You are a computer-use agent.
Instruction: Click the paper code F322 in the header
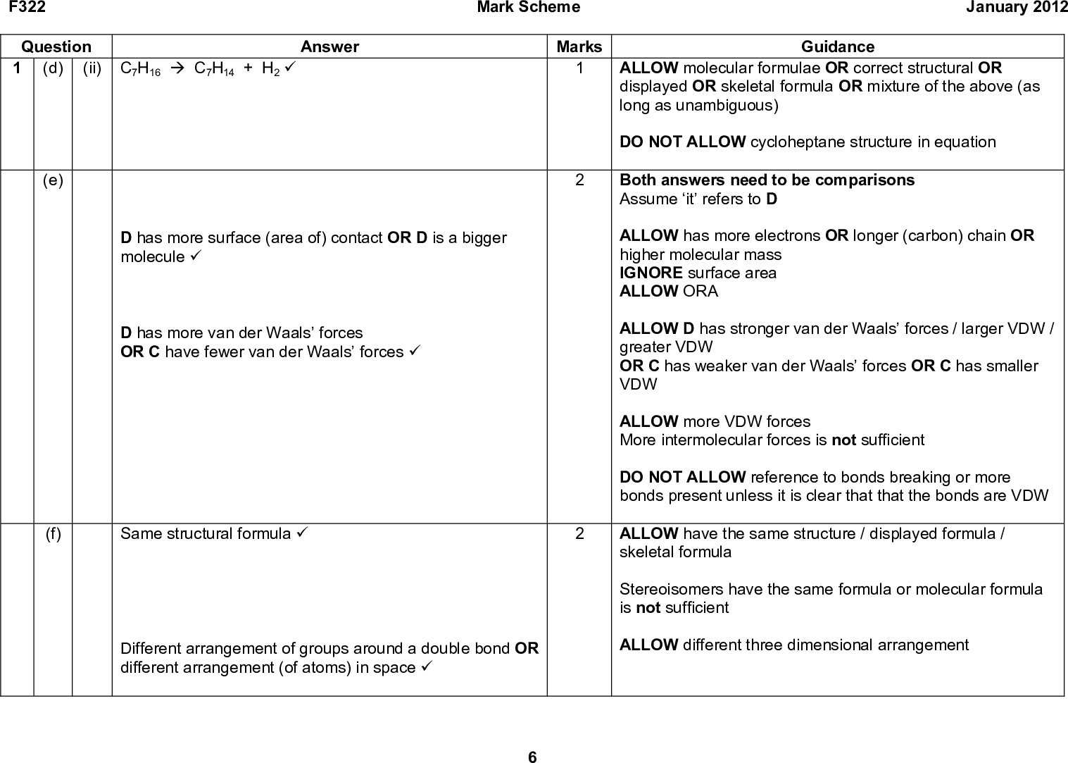(23, 8)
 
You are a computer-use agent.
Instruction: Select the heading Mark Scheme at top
(528, 8)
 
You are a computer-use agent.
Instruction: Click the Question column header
(56, 47)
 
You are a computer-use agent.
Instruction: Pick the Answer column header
(329, 47)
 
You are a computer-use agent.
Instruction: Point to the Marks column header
(579, 47)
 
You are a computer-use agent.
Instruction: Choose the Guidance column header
(838, 47)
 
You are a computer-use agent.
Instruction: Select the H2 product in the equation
(270, 69)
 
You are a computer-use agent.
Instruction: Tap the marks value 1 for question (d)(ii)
(579, 68)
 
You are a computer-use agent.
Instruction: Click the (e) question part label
(53, 180)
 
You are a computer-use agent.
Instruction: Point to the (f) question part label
(53, 534)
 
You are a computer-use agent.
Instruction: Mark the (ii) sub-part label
(92, 68)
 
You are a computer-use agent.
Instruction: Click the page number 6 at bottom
(533, 757)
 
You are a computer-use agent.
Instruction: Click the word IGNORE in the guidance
(651, 273)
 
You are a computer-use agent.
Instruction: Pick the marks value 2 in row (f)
(579, 534)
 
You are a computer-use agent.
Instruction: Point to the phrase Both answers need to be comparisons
(767, 180)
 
